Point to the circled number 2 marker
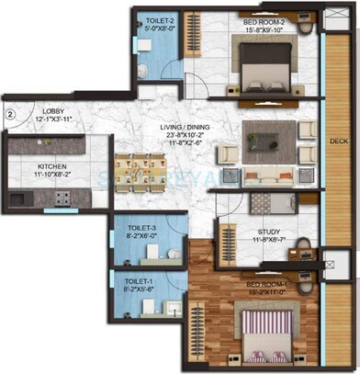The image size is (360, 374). [8, 115]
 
